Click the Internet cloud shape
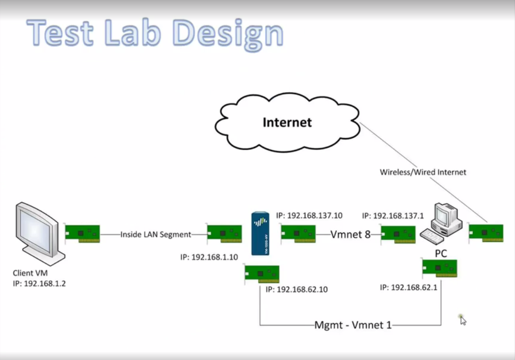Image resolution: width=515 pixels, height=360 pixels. (287, 122)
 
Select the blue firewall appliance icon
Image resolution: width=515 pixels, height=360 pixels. (260, 234)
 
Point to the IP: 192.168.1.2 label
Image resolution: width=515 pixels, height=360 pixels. (40, 283)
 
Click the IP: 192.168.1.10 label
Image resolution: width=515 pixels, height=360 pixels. (209, 257)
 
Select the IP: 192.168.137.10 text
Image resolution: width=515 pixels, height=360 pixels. (309, 216)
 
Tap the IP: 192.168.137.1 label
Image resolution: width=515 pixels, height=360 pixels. (393, 216)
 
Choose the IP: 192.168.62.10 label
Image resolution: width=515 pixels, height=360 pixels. (296, 289)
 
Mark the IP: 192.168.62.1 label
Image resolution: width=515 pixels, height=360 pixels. (408, 287)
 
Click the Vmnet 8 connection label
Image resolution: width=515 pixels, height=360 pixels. (351, 235)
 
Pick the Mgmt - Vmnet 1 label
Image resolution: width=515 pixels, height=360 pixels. (353, 325)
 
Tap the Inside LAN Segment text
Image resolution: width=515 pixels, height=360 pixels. (156, 235)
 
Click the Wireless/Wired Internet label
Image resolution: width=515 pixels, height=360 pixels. (423, 172)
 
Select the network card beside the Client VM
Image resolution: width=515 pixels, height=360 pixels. (82, 234)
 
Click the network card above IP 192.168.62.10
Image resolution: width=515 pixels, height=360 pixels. (262, 274)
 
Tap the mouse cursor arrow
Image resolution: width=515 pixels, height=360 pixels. (463, 320)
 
